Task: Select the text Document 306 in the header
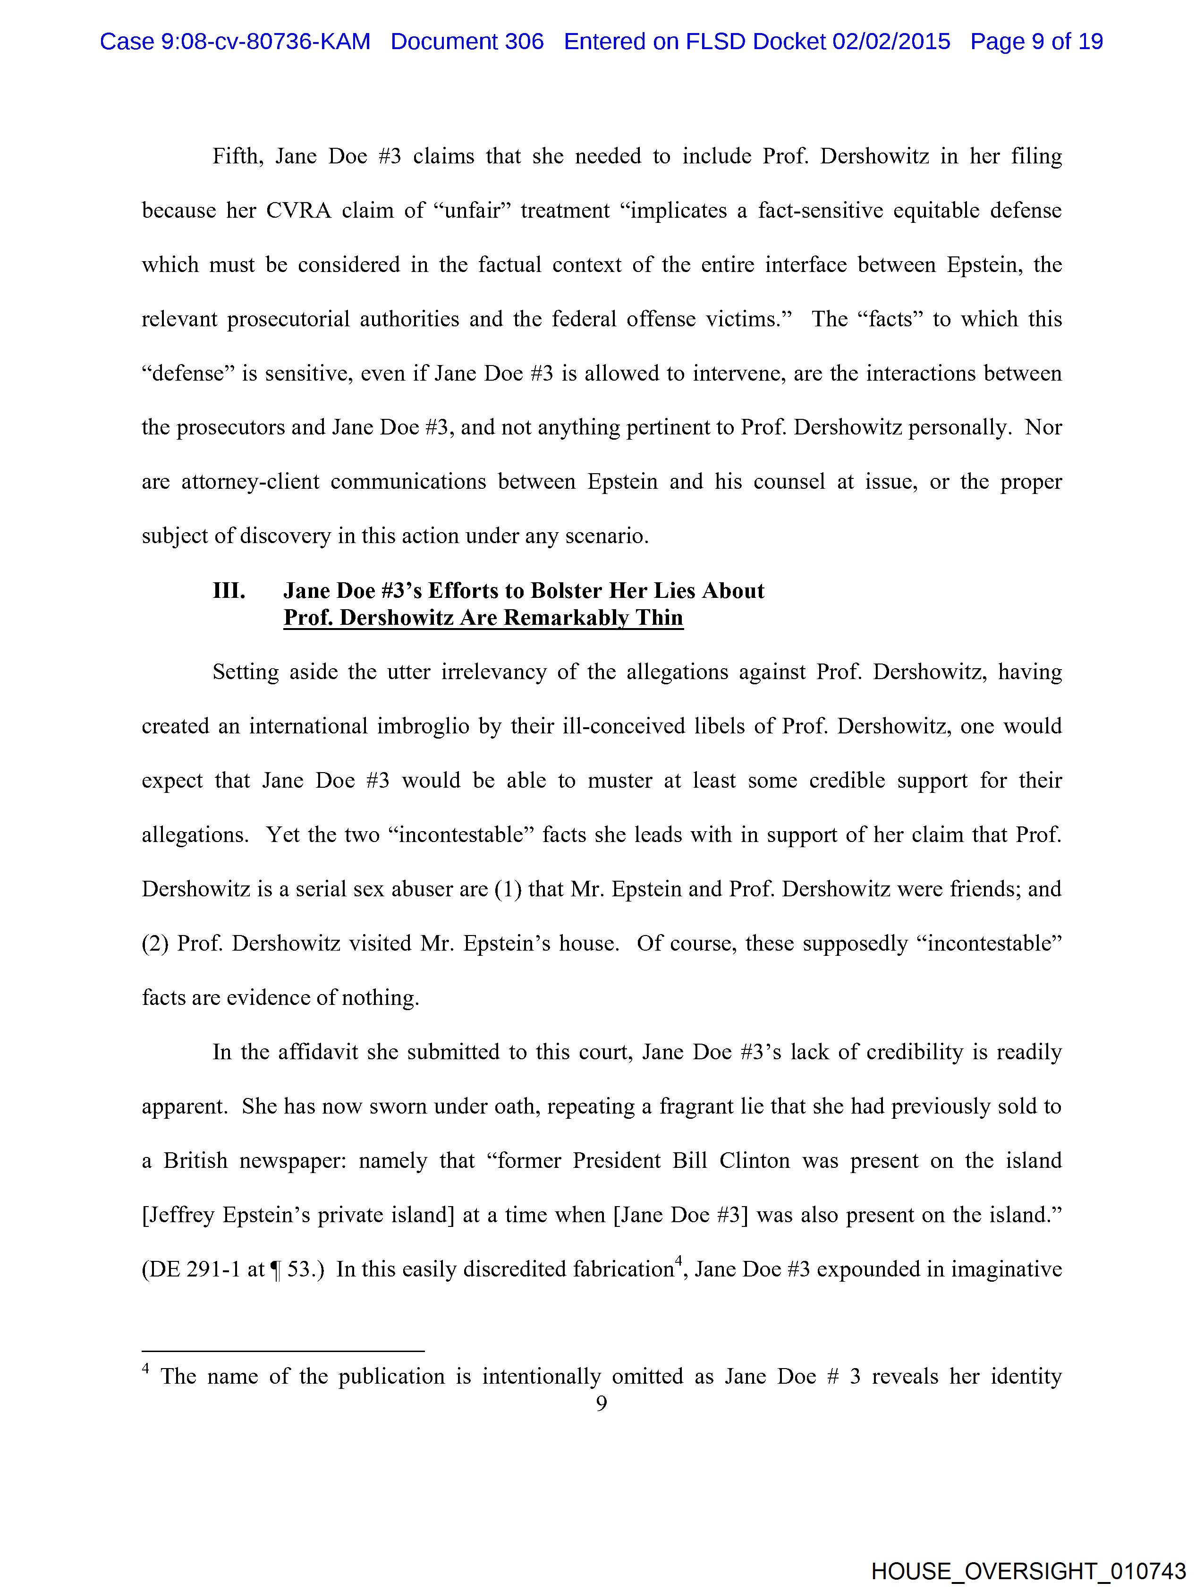pyautogui.click(x=467, y=42)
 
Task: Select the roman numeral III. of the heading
pyautogui.click(x=229, y=591)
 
